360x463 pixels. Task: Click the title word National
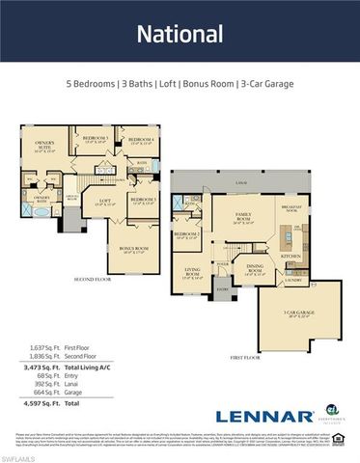[x=180, y=35]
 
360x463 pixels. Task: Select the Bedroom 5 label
[x=94, y=140]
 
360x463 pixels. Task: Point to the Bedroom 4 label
[x=141, y=143]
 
